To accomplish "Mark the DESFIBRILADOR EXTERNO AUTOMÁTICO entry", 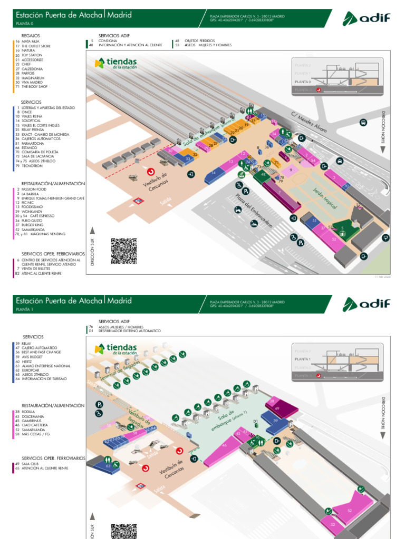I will tap(132, 331).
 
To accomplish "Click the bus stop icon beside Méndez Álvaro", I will tap(363, 123).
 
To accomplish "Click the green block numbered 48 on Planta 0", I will tap(263, 174).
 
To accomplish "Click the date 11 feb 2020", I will tap(382, 276).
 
